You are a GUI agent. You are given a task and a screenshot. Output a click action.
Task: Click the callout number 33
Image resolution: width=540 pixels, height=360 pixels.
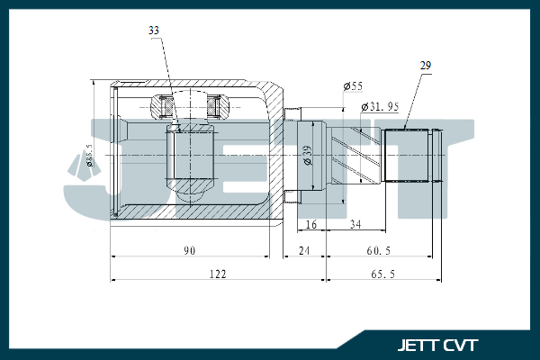pos(154,31)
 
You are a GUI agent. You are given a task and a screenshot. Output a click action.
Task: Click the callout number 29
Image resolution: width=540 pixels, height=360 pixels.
pos(426,66)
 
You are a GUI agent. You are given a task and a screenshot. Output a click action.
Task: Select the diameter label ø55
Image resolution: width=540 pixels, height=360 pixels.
pos(353,85)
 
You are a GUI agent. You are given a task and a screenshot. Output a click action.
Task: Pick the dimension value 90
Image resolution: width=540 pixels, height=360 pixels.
pos(189,249)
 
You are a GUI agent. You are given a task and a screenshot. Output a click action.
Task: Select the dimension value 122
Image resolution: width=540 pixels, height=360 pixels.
pos(216,274)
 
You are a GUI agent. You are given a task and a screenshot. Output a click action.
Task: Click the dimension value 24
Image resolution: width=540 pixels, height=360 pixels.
pos(304,249)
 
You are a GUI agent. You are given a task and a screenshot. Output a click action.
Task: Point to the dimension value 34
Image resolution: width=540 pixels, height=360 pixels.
pos(356,224)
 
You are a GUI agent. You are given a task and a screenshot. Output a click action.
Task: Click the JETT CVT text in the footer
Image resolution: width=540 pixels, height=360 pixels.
pos(437,345)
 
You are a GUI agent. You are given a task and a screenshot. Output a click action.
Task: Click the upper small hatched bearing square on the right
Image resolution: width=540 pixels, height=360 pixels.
pos(215,107)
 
